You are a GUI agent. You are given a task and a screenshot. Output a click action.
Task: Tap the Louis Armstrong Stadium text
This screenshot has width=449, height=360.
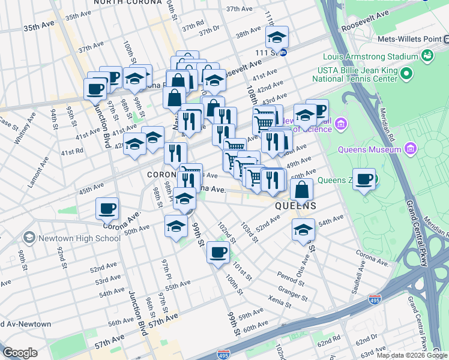coord(370,57)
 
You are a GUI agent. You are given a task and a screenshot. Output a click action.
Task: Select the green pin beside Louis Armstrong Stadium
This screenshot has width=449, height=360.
coord(428,56)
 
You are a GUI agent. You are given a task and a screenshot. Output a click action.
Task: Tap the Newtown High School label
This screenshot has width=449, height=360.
coord(79,238)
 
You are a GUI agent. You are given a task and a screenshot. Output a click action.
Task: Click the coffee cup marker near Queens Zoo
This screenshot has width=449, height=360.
coord(364,179)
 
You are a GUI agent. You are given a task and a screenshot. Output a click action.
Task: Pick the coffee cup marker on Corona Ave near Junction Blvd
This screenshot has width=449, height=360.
coord(107,209)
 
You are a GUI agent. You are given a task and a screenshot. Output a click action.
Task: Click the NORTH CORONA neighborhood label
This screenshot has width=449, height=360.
coord(127,2)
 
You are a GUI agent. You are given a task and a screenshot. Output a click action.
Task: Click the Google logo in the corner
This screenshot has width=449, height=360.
coord(20,353)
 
